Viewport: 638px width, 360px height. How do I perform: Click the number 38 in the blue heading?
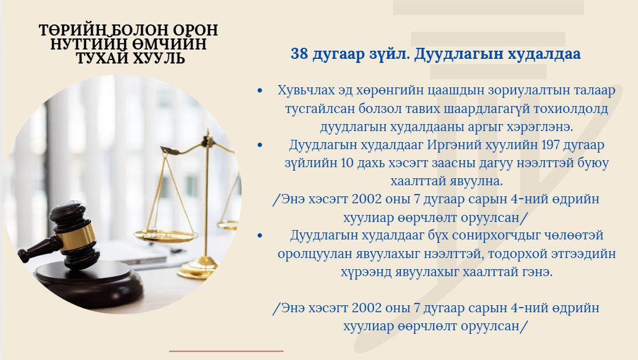pos(299,54)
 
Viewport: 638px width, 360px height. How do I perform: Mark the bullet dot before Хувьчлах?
pos(260,90)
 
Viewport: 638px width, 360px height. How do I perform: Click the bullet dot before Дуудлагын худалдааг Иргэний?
pos(260,144)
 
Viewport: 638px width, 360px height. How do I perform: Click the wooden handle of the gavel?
pos(38,248)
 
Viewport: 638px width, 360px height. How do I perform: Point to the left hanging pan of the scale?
pos(165,235)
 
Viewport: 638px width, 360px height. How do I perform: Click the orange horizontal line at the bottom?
pos(226,351)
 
